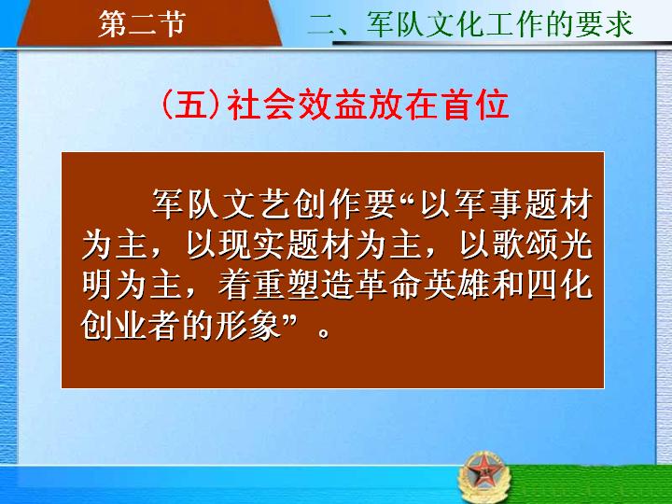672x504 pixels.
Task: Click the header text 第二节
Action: coord(142,24)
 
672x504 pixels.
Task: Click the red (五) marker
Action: coord(191,105)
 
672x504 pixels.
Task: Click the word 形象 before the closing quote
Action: coord(248,327)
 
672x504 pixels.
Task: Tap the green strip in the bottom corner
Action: coord(591,484)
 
